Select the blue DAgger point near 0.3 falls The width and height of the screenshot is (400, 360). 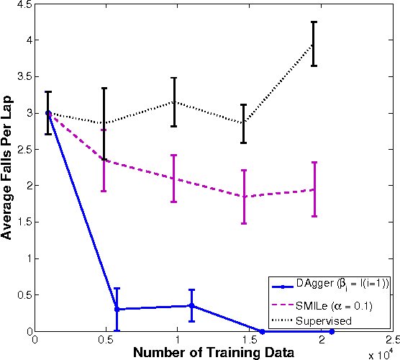pyautogui.click(x=117, y=309)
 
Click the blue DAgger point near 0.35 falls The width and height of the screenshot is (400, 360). pyautogui.click(x=191, y=305)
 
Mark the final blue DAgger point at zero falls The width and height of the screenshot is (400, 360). pyautogui.click(x=332, y=331)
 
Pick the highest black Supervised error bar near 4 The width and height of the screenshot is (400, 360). pyautogui.click(x=314, y=44)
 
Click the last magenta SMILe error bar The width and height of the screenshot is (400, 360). pyautogui.click(x=314, y=189)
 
